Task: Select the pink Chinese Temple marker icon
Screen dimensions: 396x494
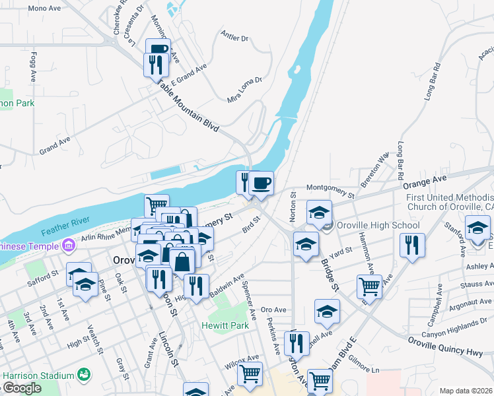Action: point(67,246)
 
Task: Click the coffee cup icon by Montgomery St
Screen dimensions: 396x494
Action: point(261,182)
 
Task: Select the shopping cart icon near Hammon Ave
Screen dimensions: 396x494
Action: point(369,286)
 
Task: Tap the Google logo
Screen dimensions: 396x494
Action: point(21,388)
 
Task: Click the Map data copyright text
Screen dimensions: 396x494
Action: point(465,391)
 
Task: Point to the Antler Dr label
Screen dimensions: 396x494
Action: point(234,38)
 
